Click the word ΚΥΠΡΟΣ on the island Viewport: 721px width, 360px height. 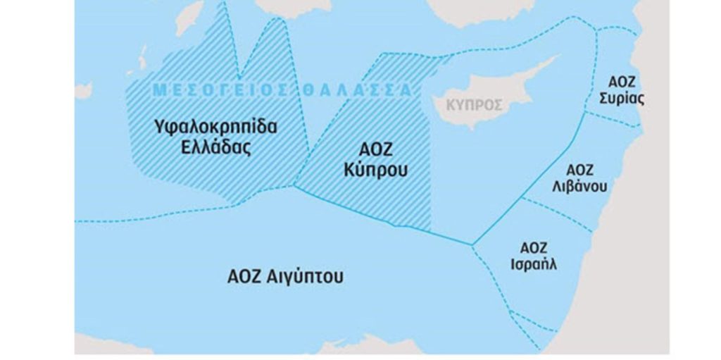(476, 105)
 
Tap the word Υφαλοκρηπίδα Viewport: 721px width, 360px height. (216, 128)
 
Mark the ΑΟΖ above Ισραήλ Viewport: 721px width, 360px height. (534, 247)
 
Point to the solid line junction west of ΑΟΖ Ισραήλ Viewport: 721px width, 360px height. (472, 245)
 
